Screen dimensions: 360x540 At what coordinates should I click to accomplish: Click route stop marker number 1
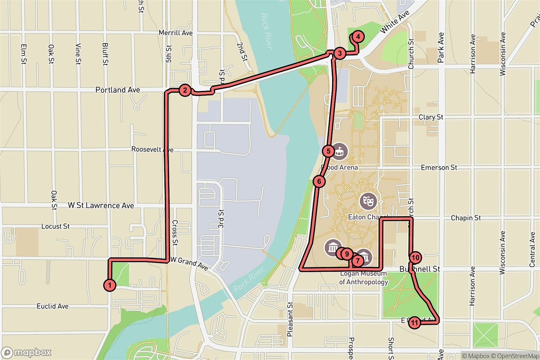(x=109, y=285)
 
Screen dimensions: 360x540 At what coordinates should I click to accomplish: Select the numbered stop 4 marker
(x=357, y=36)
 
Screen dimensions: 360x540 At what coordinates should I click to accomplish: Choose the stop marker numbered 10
(x=415, y=258)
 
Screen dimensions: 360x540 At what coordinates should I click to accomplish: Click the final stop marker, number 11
(x=415, y=322)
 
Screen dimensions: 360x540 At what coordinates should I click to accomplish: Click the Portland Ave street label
(x=117, y=90)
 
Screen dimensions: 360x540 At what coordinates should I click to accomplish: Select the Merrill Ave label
(x=176, y=33)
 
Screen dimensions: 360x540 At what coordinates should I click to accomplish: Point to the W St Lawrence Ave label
(x=101, y=205)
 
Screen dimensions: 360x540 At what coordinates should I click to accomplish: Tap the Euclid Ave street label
(x=53, y=306)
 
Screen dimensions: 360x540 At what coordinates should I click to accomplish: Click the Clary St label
(x=431, y=117)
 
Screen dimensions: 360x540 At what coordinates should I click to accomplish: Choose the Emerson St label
(x=439, y=167)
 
